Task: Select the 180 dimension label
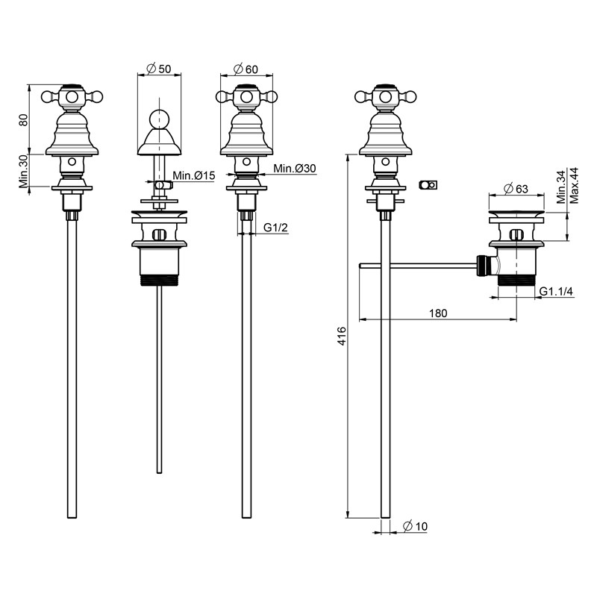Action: point(439,313)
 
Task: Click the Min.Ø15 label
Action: point(194,175)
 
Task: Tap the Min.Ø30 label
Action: point(294,169)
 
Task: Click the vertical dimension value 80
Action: point(24,119)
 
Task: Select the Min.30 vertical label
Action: point(24,172)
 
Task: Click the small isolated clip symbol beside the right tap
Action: point(428,184)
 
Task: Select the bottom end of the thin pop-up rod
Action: point(159,470)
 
